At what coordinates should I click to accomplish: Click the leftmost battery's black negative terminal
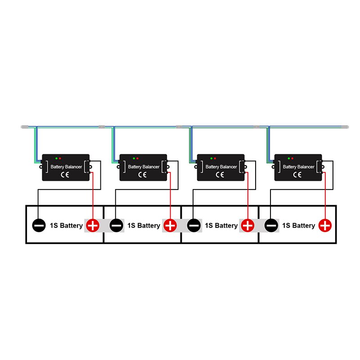pos(39,225)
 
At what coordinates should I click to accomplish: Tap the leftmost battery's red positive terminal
pos(92,225)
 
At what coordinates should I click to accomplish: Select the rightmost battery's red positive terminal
pos(325,225)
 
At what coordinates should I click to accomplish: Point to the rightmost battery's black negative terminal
pos(271,225)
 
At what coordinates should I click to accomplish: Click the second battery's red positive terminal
pos(170,225)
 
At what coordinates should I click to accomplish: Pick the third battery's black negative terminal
pos(194,225)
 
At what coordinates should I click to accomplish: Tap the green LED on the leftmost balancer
pos(56,159)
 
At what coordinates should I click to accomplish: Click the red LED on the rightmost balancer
pos(292,159)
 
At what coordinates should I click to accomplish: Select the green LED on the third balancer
pos(211,159)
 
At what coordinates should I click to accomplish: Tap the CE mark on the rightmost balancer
pos(297,174)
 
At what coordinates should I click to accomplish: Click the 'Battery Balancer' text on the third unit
pos(221,167)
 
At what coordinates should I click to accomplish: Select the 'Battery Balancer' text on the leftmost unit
pos(66,167)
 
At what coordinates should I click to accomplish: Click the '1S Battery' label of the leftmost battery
pos(66,225)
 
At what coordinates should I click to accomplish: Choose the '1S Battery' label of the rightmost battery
pos(298,225)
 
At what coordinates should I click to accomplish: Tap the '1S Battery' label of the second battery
pos(144,225)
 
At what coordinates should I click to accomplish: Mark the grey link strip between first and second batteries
pos(104,225)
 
